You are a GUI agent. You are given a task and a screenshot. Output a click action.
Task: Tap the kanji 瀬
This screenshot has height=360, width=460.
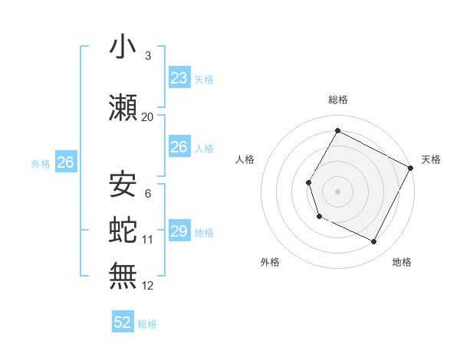(x=123, y=107)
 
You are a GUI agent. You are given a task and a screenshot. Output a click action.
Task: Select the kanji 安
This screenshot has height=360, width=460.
(x=123, y=185)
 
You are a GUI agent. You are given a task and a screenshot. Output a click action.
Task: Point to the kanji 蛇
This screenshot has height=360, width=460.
(x=123, y=229)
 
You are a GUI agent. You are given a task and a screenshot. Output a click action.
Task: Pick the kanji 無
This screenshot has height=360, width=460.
(x=123, y=275)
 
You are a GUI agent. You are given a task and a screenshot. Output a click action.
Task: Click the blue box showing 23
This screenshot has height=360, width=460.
(x=179, y=78)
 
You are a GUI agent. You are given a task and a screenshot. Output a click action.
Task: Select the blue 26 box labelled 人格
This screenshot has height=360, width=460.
(x=179, y=146)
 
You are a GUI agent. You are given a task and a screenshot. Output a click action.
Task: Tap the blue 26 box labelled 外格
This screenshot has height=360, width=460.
(x=65, y=162)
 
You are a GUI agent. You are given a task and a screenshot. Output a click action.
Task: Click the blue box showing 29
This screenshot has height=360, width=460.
(x=179, y=231)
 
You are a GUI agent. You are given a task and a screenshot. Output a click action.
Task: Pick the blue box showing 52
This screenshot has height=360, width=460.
(x=123, y=322)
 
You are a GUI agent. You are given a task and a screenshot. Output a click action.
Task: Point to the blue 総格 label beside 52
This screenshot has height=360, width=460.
(x=147, y=324)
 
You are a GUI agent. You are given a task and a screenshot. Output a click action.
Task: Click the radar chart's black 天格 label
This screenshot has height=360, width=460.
(x=431, y=159)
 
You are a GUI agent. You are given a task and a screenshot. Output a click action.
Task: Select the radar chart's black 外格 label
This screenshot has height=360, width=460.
(x=270, y=262)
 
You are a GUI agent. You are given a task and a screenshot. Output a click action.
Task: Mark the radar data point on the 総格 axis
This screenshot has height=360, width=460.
(x=337, y=130)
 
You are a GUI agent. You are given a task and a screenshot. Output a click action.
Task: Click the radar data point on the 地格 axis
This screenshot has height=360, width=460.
(x=374, y=242)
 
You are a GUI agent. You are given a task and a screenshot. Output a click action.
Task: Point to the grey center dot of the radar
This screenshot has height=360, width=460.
(x=337, y=191)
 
